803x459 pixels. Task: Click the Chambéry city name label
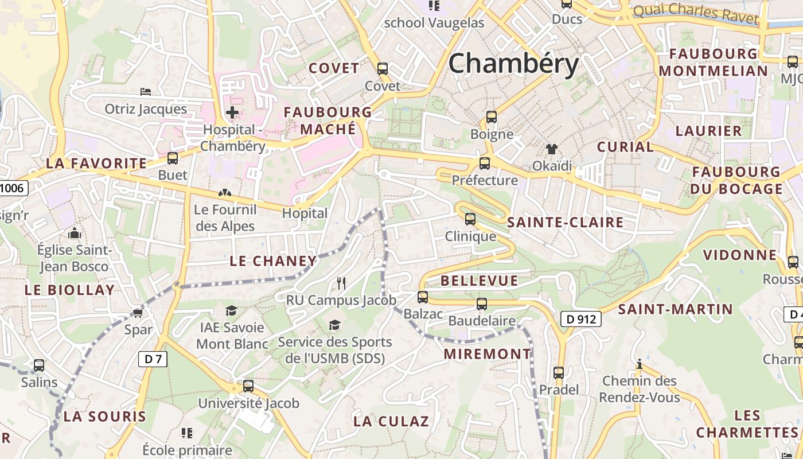[513, 63]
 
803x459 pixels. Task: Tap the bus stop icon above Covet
[383, 69]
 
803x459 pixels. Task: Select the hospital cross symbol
[232, 112]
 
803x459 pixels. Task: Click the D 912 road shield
[580, 319]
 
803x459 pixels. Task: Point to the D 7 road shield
[153, 359]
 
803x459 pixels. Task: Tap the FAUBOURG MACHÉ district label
[328, 120]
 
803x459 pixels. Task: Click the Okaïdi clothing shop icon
[552, 149]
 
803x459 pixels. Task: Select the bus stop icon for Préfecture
[485, 164]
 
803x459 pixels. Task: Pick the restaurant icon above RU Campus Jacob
[341, 283]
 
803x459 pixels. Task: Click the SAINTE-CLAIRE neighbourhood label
[566, 223]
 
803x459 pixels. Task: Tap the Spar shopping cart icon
[138, 313]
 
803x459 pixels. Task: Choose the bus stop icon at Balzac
[423, 297]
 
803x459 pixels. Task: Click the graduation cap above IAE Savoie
[231, 310]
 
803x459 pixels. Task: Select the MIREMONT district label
[488, 354]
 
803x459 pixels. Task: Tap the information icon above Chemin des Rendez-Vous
[639, 364]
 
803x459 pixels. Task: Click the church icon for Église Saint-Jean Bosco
[74, 233]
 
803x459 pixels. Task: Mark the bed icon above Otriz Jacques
[146, 92]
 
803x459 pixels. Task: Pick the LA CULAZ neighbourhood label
[391, 421]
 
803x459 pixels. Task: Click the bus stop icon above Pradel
[559, 372]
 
